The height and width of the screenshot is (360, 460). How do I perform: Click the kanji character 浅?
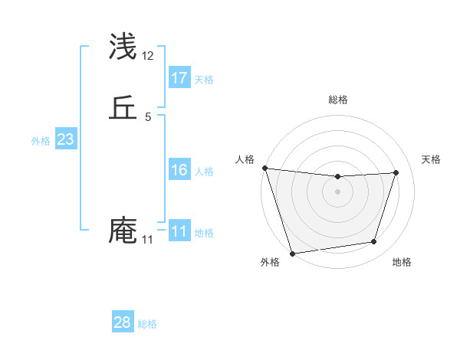click(123, 47)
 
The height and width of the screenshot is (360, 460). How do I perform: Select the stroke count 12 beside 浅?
click(148, 56)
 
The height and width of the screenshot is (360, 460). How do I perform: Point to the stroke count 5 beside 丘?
click(148, 117)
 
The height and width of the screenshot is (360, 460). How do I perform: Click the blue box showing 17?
click(179, 78)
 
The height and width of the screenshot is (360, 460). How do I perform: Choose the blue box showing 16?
click(179, 170)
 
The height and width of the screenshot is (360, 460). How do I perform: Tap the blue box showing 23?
click(65, 139)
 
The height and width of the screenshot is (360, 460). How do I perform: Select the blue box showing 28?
click(123, 322)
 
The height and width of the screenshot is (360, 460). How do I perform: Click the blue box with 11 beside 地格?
click(179, 231)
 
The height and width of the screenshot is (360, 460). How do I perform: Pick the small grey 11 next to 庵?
click(148, 240)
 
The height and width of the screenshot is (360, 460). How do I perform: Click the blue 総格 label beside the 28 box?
click(147, 324)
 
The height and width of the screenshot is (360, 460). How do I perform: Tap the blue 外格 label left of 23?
click(41, 141)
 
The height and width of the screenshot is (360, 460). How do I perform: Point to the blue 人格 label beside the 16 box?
click(204, 172)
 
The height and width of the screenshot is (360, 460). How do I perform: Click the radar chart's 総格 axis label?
click(337, 100)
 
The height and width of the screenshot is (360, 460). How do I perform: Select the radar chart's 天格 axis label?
click(431, 159)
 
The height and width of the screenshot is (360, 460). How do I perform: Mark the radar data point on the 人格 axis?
click(264, 168)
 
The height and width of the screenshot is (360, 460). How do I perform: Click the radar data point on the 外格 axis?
click(292, 253)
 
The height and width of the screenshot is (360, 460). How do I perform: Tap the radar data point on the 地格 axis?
click(374, 242)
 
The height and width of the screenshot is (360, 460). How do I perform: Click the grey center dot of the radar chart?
click(337, 191)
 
